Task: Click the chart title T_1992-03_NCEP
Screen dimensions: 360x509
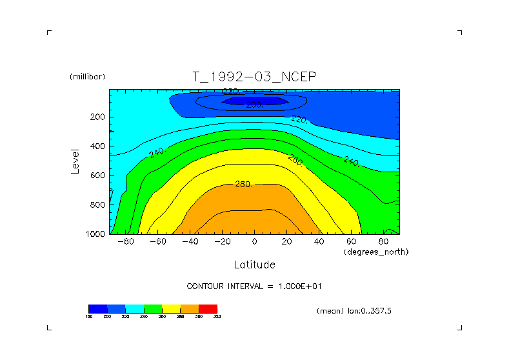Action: tap(254, 77)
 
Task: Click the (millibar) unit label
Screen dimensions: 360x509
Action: tap(87, 77)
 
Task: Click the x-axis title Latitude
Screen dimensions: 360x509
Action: tap(254, 265)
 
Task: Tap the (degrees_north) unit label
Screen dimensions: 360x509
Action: tap(377, 251)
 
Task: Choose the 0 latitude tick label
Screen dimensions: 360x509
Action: tap(254, 241)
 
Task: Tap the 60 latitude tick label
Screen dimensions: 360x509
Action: tap(351, 241)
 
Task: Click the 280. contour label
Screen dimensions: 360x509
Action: tap(243, 184)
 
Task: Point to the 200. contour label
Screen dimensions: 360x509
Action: tap(254, 104)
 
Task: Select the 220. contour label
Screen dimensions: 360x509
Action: tap(299, 119)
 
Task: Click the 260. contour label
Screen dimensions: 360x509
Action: tap(295, 159)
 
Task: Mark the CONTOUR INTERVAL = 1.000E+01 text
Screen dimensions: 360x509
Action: tap(259, 286)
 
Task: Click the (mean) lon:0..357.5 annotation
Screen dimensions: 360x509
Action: tap(354, 310)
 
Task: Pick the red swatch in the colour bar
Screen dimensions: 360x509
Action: tap(208, 308)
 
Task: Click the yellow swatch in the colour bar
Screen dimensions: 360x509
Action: tap(171, 308)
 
